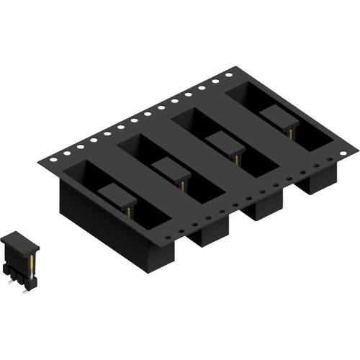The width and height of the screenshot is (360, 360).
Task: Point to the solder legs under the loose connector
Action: [x=20, y=285]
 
